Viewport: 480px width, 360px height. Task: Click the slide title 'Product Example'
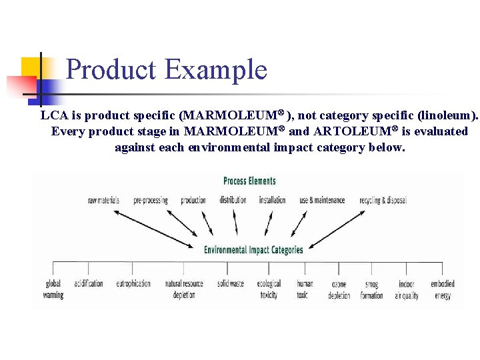[167, 69]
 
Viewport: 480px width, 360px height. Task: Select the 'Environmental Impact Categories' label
[253, 250]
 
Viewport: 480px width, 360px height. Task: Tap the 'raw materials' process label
[103, 200]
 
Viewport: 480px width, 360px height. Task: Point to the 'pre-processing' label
[151, 200]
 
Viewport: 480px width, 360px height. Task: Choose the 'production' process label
[193, 200]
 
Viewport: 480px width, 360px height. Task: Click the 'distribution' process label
[233, 200]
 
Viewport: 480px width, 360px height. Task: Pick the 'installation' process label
[272, 200]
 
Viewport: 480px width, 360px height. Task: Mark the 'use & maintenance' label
[322, 200]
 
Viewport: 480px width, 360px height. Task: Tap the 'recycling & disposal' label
[383, 200]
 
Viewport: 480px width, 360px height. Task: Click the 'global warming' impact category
[53, 289]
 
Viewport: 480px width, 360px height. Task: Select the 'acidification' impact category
[89, 283]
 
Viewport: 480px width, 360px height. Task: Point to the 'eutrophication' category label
[133, 283]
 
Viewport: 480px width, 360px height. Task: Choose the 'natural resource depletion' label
[184, 289]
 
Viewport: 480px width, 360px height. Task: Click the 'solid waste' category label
[231, 283]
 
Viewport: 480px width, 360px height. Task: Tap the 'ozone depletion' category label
[339, 289]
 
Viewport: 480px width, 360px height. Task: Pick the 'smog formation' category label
[371, 289]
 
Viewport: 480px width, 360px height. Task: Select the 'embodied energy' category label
[443, 289]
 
